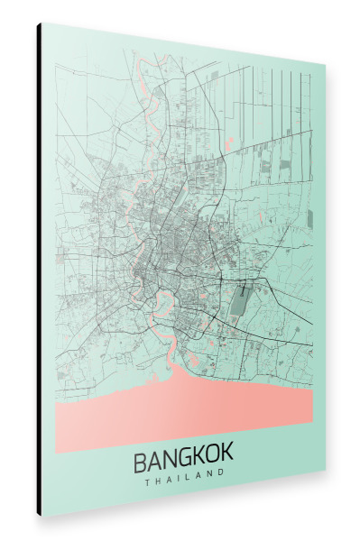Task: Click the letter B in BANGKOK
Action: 142,462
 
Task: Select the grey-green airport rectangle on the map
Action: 238,300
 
